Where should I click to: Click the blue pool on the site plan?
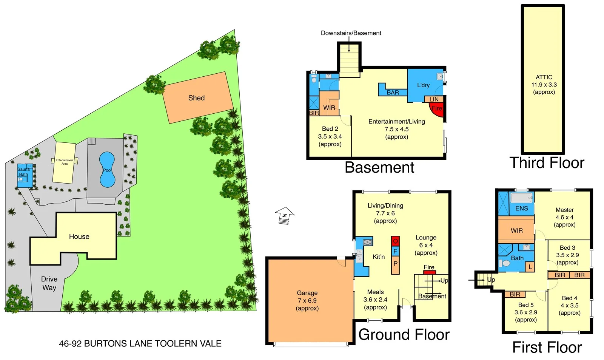[x=107, y=170]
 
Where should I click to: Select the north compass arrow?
[x=285, y=216]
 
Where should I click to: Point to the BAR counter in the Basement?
[x=393, y=92]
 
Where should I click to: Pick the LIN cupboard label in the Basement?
[x=434, y=99]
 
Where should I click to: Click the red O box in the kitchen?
[x=395, y=241]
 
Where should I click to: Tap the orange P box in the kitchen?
[x=395, y=264]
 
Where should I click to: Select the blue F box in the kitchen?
[x=395, y=251]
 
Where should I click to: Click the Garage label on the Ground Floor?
[x=307, y=293]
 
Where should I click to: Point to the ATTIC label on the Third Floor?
[x=544, y=77]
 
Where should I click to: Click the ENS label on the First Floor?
[x=521, y=208]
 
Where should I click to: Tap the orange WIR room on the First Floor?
[x=516, y=230]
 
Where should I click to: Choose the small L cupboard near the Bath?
[x=530, y=267]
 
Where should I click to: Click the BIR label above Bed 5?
[x=515, y=294]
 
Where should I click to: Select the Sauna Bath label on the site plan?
[x=23, y=172]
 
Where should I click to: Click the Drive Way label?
[x=49, y=283]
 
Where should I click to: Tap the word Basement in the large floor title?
[x=379, y=167]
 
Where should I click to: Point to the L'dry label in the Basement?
[x=423, y=85]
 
